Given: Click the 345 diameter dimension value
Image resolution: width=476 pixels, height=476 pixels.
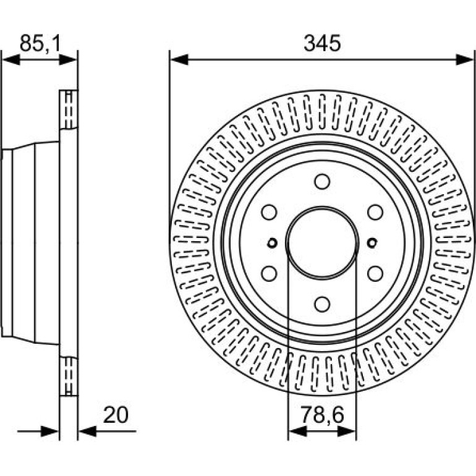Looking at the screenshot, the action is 322,43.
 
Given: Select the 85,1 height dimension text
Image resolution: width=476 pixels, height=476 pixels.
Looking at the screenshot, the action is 40,43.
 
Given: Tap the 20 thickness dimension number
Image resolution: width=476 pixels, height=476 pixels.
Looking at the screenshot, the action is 116,415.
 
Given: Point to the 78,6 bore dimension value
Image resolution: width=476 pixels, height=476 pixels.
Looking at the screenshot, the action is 322,415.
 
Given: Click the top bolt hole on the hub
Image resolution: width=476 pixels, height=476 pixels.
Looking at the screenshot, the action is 322,182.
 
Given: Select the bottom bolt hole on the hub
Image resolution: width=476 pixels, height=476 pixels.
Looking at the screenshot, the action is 322,304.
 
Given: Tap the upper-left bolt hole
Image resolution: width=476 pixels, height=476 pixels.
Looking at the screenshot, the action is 270,212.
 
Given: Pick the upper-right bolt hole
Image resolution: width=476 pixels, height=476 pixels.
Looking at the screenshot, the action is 375,212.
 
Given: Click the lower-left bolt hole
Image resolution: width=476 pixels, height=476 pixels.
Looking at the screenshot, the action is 270,273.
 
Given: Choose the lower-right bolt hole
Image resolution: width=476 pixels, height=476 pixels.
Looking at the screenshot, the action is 375,273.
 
